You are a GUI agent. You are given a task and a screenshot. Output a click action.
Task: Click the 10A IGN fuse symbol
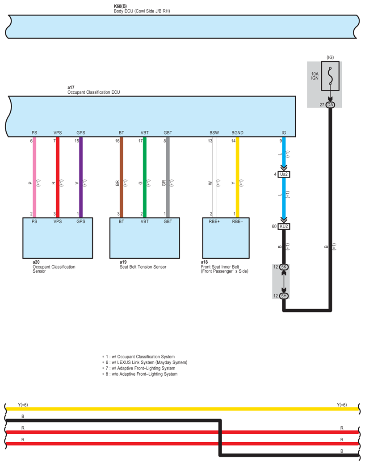330,77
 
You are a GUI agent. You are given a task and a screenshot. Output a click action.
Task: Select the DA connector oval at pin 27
330,104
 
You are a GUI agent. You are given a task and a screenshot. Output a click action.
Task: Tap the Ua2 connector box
284,174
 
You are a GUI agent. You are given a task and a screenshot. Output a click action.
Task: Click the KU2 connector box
284,226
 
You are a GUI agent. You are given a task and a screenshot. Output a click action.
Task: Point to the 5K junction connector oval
284,267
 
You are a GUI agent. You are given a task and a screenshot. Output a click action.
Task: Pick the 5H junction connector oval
284,296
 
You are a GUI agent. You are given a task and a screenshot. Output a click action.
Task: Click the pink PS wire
35,179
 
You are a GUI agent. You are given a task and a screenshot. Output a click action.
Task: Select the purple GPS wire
81,179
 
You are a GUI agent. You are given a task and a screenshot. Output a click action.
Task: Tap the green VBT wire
145,179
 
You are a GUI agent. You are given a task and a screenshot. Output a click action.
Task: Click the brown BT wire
122,179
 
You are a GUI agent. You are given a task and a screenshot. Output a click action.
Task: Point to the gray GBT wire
168,179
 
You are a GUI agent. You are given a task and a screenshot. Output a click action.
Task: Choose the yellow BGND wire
238,179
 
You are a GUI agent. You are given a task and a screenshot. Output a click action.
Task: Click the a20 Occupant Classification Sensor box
58,237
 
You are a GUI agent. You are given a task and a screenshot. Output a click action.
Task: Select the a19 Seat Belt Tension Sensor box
145,237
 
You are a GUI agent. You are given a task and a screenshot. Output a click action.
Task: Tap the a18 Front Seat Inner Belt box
226,237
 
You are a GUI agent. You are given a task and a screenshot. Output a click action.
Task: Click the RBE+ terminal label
214,220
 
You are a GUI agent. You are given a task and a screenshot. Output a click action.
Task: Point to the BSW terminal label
214,133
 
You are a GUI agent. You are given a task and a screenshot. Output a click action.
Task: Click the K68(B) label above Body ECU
121,7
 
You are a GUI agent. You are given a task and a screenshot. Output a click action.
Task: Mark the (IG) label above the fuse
330,57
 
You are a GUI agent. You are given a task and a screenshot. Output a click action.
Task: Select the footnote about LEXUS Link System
146,362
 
